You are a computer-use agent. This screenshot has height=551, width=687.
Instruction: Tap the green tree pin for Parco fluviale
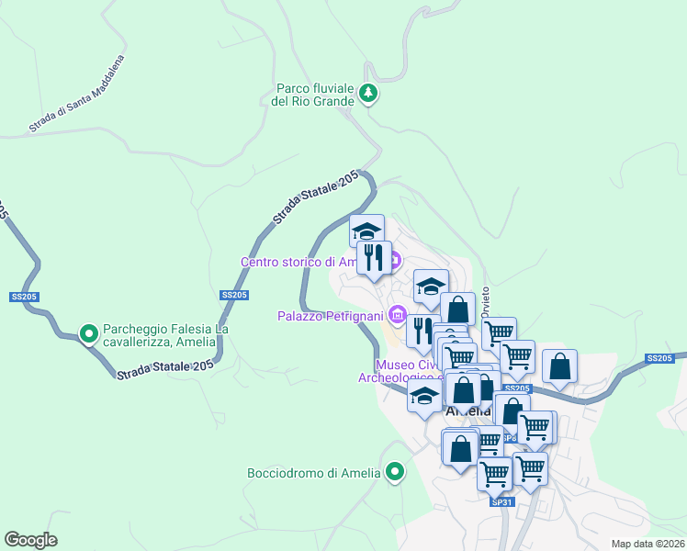coord(368,93)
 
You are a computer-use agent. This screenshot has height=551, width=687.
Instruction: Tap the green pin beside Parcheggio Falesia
coord(89,334)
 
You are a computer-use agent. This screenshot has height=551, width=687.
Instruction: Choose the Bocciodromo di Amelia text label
coord(313,474)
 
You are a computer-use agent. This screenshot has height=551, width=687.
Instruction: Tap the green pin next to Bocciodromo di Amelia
coord(396,473)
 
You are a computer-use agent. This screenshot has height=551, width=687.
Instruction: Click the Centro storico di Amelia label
coord(298,262)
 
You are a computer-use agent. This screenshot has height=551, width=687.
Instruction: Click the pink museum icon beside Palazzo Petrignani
coord(397,316)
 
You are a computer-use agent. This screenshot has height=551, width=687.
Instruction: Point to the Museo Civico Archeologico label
coord(395,368)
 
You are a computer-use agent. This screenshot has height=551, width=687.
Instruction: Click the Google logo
coord(30,539)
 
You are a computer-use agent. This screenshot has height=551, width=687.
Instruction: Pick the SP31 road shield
coord(501,502)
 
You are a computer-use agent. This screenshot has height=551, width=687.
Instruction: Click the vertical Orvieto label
coord(485,300)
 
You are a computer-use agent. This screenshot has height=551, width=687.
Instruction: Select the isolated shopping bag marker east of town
coord(559,365)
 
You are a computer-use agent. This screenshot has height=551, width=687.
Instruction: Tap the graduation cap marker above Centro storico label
coord(367,230)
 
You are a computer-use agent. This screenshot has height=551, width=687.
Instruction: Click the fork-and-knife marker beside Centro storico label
coord(374,256)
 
